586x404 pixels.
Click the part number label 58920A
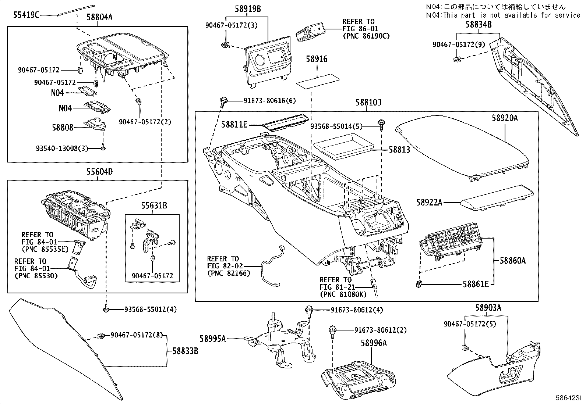(x=505, y=118)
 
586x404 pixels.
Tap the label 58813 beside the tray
(x=399, y=150)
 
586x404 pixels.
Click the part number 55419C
(x=26, y=15)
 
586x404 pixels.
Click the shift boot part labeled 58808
(x=95, y=124)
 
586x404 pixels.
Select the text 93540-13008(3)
(x=62, y=149)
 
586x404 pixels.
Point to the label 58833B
(x=186, y=351)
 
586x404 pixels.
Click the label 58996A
(x=374, y=343)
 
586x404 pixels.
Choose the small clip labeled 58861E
(x=420, y=283)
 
